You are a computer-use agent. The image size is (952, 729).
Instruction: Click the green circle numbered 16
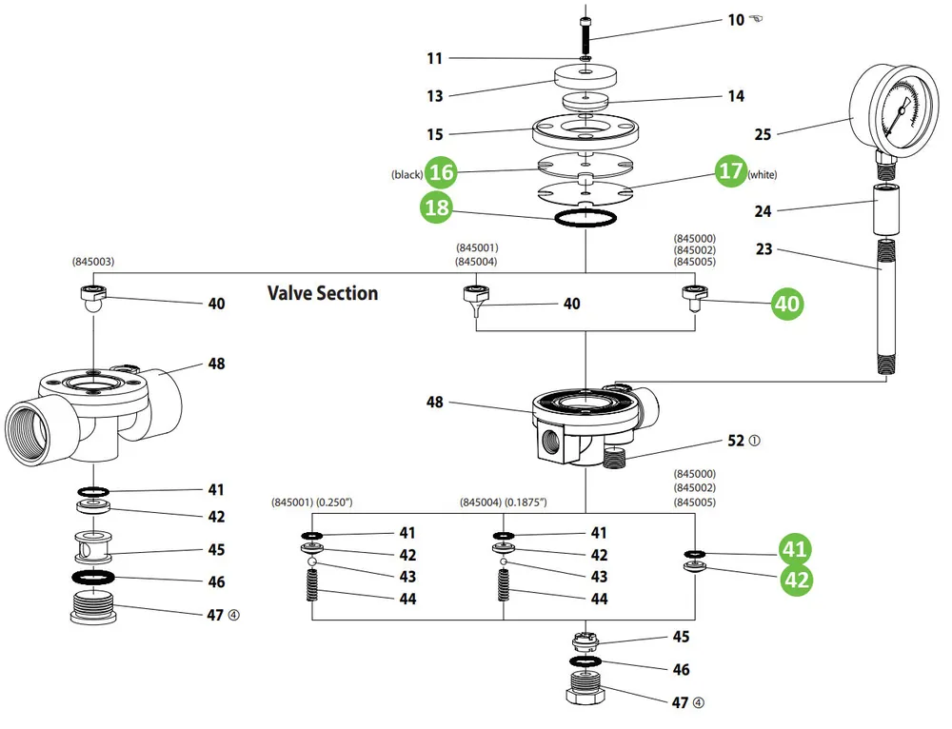coord(441,171)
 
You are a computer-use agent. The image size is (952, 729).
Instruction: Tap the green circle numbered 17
coord(730,170)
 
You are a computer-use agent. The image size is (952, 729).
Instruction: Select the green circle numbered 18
coord(437,207)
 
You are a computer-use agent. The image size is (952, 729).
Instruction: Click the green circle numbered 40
coord(787,303)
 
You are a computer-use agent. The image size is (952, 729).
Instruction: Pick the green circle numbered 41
coord(795,548)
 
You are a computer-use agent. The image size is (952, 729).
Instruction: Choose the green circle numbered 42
coord(797,579)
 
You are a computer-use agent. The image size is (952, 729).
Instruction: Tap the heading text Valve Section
coord(323,293)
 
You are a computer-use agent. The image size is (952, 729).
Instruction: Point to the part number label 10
coord(736,20)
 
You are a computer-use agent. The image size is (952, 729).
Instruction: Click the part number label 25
coord(763,134)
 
